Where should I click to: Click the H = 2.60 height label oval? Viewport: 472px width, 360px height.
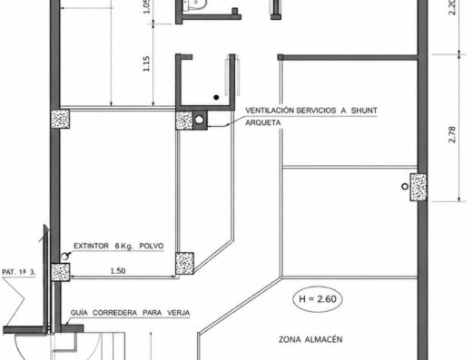pos(318,299)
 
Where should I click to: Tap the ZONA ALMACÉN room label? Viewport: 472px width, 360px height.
pos(310,339)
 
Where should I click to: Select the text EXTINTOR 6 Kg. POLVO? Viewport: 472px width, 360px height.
pos(119,246)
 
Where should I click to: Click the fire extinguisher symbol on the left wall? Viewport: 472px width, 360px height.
pos(64,257)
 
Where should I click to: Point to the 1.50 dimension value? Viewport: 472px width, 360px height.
pos(118,271)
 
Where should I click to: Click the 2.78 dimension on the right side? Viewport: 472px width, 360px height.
pos(452,134)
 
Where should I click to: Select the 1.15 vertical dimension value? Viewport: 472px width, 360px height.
pos(146,63)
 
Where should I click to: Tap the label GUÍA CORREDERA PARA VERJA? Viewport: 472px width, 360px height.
pos(130,313)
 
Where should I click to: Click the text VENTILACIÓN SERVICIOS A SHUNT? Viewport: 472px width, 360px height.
pos(311,111)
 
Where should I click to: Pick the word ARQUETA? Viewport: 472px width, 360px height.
pos(262,122)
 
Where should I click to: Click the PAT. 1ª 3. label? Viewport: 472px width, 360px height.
pos(19,272)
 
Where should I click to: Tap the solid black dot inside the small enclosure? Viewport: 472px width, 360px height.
pos(216,97)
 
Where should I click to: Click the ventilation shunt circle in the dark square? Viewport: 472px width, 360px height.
pos(199,120)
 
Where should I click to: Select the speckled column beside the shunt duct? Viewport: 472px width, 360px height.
pos(184,121)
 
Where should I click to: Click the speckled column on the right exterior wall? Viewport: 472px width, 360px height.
pos(418,187)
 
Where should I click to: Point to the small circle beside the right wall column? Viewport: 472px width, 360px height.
pos(405,187)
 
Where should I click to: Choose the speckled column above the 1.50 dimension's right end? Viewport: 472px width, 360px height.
pos(184,263)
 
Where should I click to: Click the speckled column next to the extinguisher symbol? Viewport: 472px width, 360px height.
pos(60,272)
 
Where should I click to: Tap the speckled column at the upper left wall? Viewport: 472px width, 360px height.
pos(60,119)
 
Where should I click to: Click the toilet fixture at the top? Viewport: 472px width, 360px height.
pos(195,5)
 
